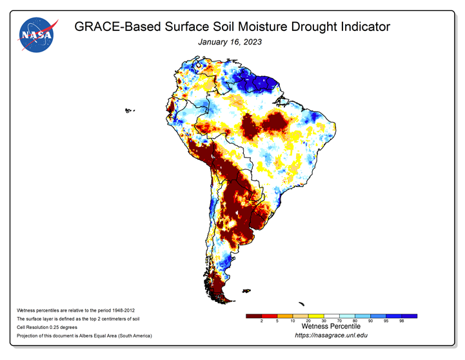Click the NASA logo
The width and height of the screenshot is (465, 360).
click(37, 35)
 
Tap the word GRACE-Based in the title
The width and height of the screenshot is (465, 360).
click(117, 26)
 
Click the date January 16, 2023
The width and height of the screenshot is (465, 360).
click(230, 42)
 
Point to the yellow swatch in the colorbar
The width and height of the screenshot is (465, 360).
click(316, 316)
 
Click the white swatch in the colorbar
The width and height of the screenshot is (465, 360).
click(331, 316)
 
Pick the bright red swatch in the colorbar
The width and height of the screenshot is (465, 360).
click(270, 316)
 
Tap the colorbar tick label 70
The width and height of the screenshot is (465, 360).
click(339, 321)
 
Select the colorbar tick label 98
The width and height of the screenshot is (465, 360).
click(402, 321)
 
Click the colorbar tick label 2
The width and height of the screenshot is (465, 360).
click(262, 321)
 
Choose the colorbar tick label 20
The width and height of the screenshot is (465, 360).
click(308, 321)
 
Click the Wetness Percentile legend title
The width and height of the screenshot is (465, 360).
click(331, 326)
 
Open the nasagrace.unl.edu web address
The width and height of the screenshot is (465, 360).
click(331, 335)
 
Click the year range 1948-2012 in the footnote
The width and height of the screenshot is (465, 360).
click(123, 310)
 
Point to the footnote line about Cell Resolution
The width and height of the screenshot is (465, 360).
click(47, 327)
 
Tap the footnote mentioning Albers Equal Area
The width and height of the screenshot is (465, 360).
click(84, 335)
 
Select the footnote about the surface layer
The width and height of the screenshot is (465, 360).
click(78, 319)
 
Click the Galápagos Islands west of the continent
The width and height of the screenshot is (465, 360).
click(129, 110)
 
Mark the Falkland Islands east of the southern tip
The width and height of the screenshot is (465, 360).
click(246, 291)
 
